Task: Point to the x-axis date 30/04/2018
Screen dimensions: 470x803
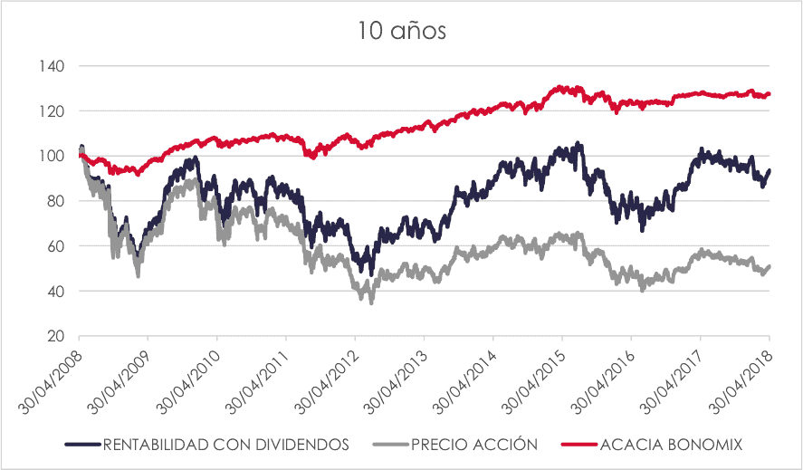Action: point(742,377)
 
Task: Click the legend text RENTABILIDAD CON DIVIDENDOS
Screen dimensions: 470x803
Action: point(225,445)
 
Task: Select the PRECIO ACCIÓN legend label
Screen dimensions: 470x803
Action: point(473,445)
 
